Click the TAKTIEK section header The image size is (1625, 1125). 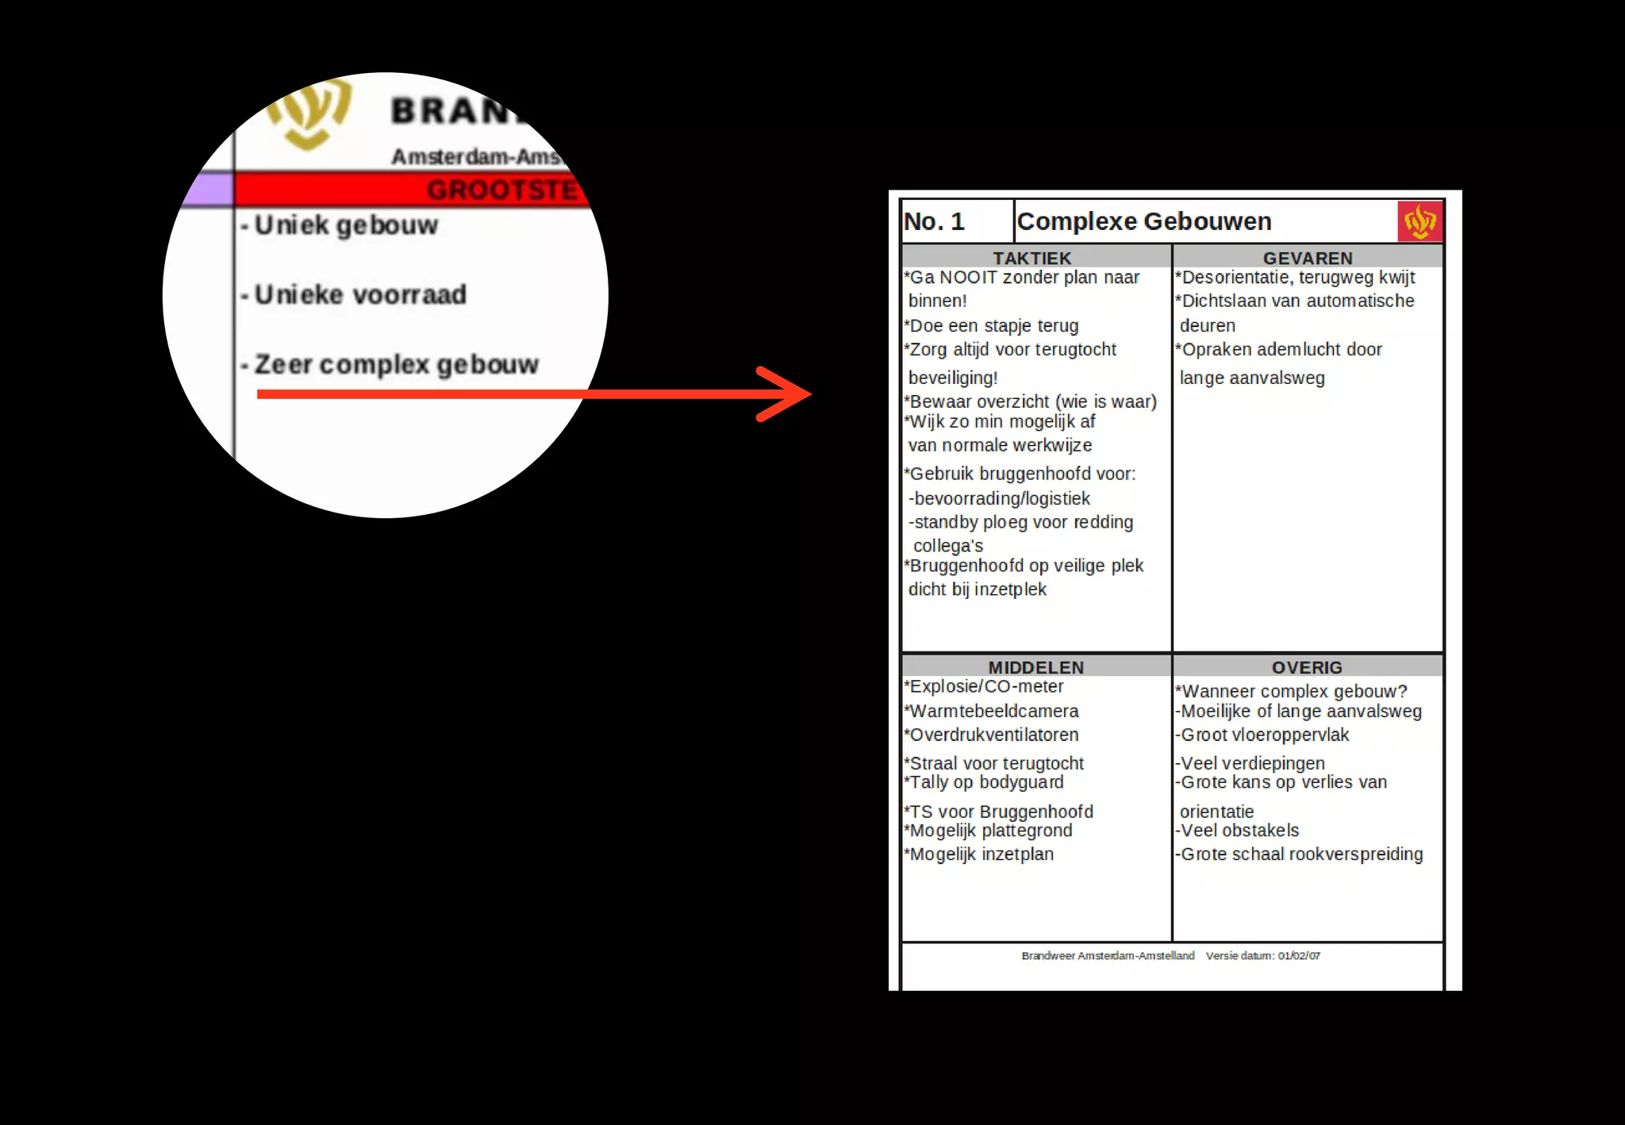click(1031, 259)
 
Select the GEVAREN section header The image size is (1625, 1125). click(1307, 259)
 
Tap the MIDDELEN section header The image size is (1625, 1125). click(1035, 668)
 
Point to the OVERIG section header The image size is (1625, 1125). click(1307, 668)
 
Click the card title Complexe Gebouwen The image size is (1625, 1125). click(1143, 221)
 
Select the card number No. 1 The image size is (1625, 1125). click(934, 221)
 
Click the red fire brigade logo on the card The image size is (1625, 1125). click(1419, 221)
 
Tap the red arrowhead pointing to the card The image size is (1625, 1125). click(786, 394)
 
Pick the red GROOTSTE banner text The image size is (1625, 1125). click(501, 190)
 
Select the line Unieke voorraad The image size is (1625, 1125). click(360, 295)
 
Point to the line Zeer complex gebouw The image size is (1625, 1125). click(396, 365)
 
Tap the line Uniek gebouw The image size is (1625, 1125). click(346, 225)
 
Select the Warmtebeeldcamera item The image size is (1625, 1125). click(993, 712)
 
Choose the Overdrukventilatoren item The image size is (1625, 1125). click(993, 735)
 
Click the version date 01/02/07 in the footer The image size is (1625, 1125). click(1299, 956)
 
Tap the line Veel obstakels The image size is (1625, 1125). click(1239, 831)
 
